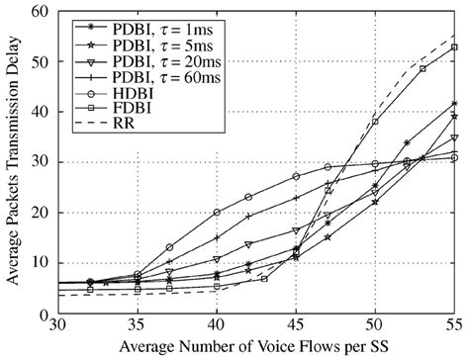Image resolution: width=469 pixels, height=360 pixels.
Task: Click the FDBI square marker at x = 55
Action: pos(454,46)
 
